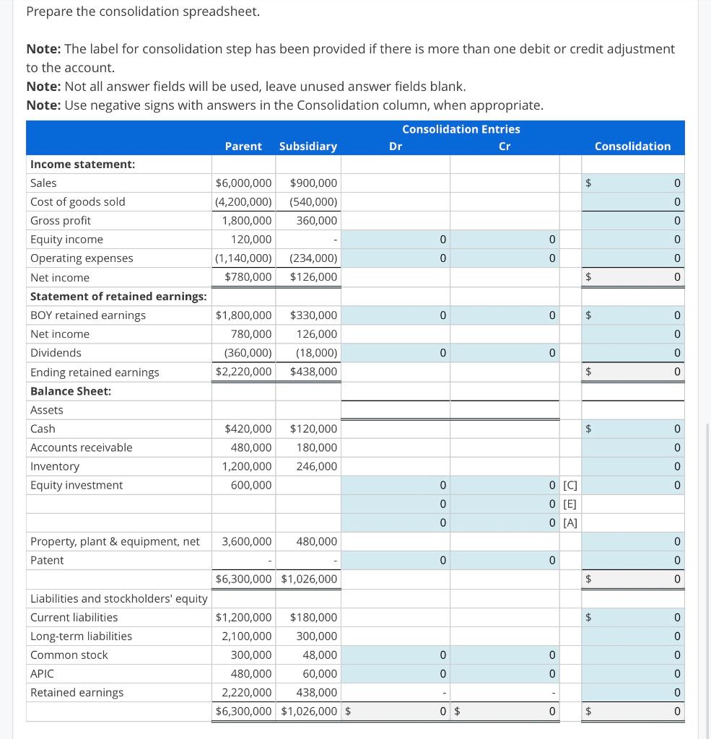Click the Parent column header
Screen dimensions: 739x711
[x=243, y=147]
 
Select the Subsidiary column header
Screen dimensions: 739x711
[x=308, y=147]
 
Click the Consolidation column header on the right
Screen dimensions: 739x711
[x=632, y=147]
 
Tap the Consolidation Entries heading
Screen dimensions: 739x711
[x=461, y=129]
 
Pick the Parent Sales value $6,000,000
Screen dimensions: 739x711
[x=244, y=183]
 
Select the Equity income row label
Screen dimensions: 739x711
[x=66, y=240]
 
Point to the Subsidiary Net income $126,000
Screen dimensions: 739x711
[x=313, y=277]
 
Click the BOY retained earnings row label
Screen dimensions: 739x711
[x=88, y=315]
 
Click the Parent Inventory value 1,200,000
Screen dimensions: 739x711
[x=247, y=466]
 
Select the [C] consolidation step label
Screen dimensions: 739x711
[x=570, y=485]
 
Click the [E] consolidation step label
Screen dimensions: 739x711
[x=570, y=504]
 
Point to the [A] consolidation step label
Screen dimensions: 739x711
[x=570, y=522]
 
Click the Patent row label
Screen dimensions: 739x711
[x=47, y=560]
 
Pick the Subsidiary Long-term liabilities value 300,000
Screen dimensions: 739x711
[x=317, y=636]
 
